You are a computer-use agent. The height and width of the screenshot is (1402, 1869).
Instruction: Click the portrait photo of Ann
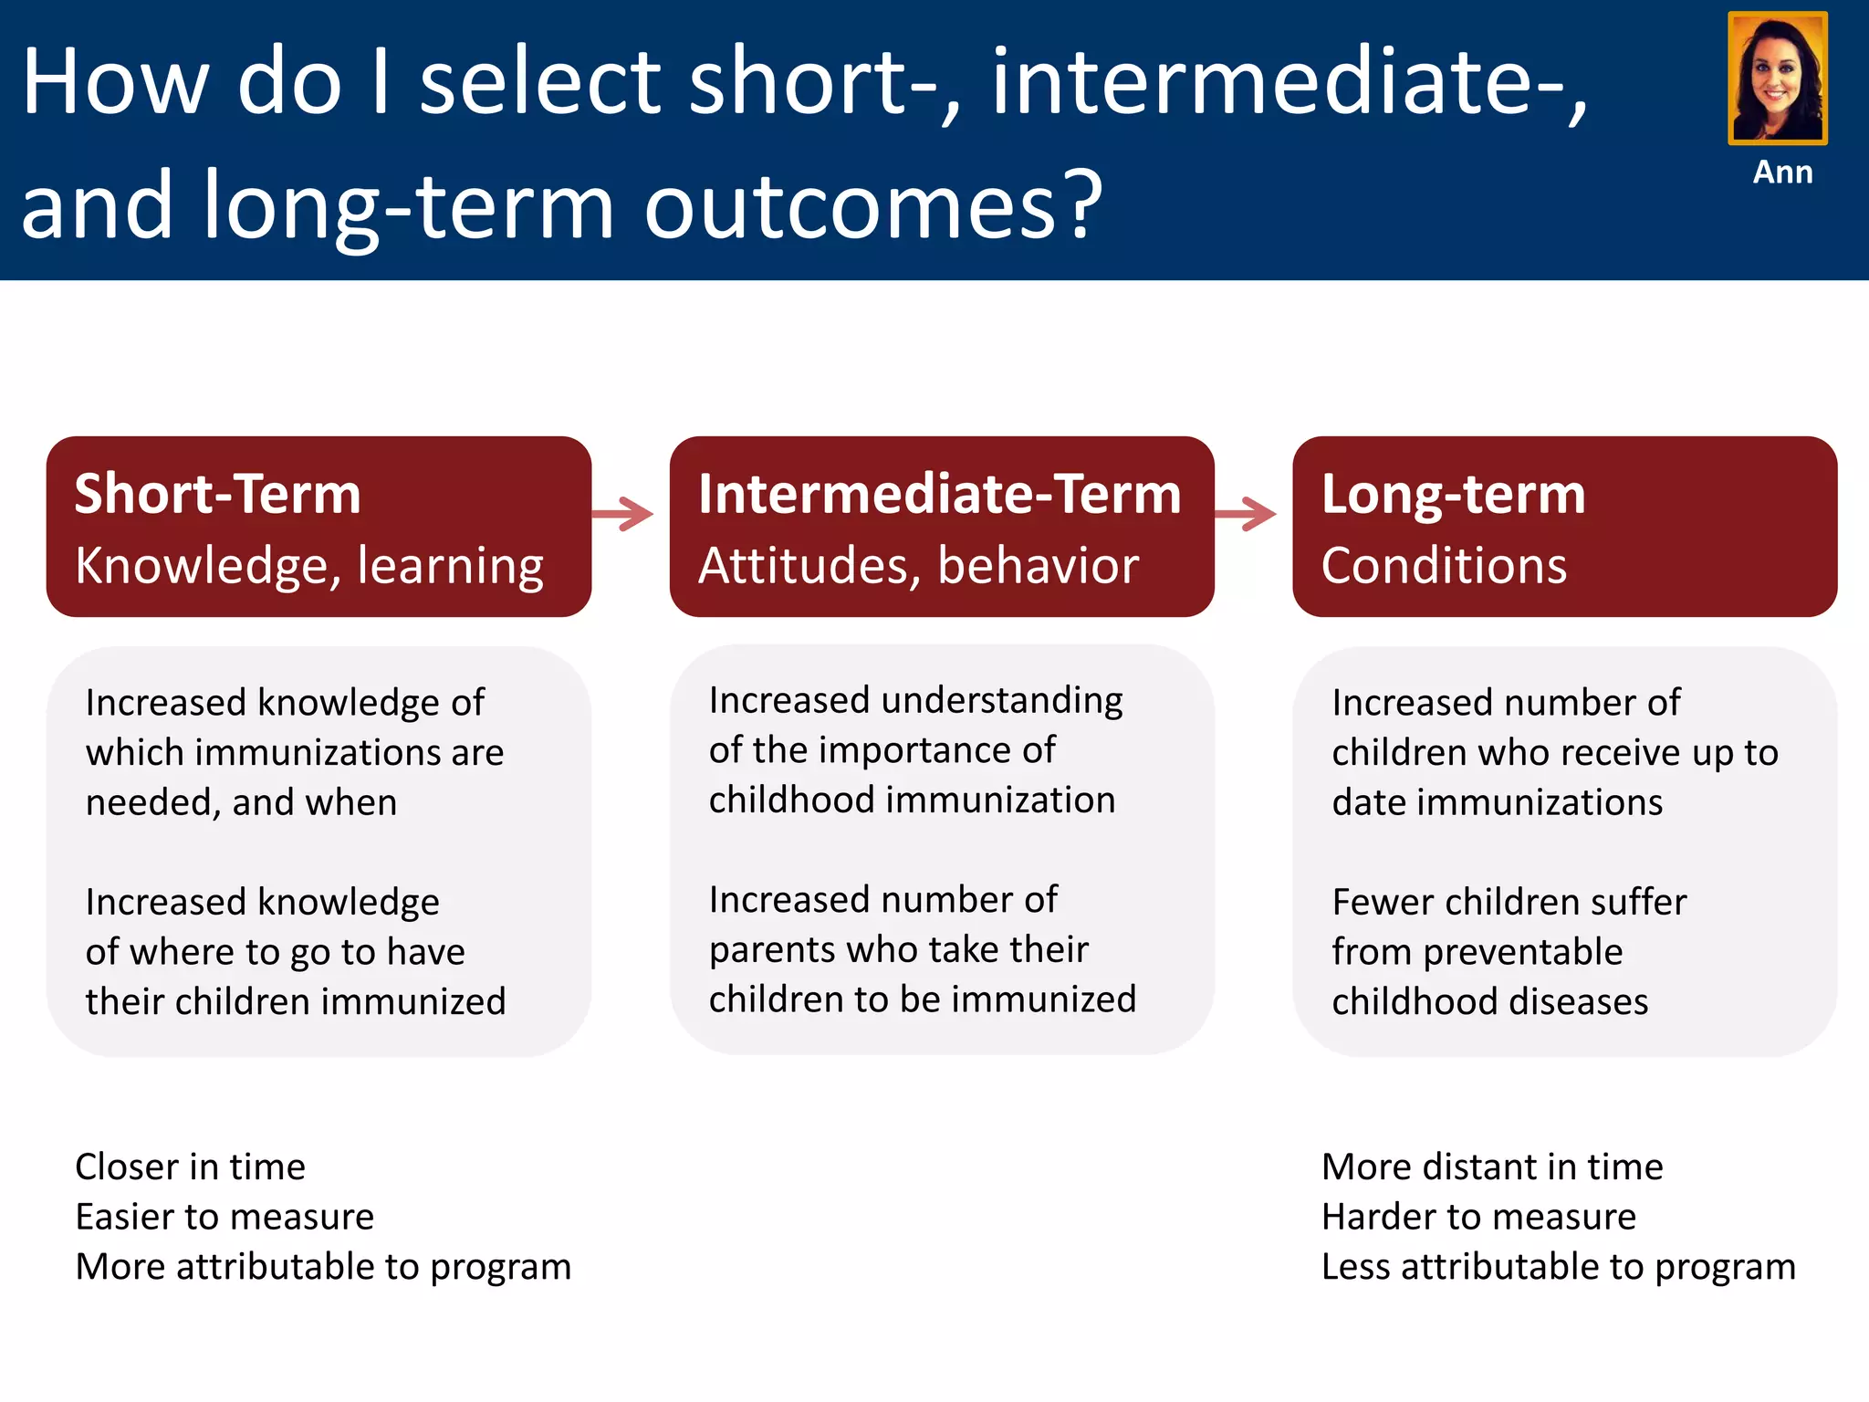[1777, 78]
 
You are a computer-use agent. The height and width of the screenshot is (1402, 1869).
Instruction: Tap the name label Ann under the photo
[1782, 173]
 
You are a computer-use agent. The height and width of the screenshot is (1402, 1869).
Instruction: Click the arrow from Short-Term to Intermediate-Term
[623, 514]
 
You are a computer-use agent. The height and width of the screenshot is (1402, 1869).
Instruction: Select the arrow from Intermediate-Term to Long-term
[1247, 514]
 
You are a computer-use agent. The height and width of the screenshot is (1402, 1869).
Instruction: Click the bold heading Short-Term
[217, 494]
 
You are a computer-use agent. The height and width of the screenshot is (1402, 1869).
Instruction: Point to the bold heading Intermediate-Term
[939, 494]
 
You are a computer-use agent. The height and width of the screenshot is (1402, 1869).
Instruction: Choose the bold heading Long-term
[1453, 494]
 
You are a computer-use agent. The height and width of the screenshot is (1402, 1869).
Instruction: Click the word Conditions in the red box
[1444, 566]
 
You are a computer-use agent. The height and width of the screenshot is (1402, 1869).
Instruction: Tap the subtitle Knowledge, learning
[309, 566]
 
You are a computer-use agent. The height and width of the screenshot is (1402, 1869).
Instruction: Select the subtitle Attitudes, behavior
[918, 566]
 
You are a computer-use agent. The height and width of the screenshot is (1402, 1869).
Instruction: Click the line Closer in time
[190, 1167]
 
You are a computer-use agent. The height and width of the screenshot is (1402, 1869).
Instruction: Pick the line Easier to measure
[224, 1217]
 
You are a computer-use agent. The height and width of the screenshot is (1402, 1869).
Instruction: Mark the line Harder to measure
[1478, 1217]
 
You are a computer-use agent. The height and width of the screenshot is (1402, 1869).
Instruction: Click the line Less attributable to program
[1558, 1267]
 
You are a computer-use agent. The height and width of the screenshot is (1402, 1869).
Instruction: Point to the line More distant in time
[1492, 1167]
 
